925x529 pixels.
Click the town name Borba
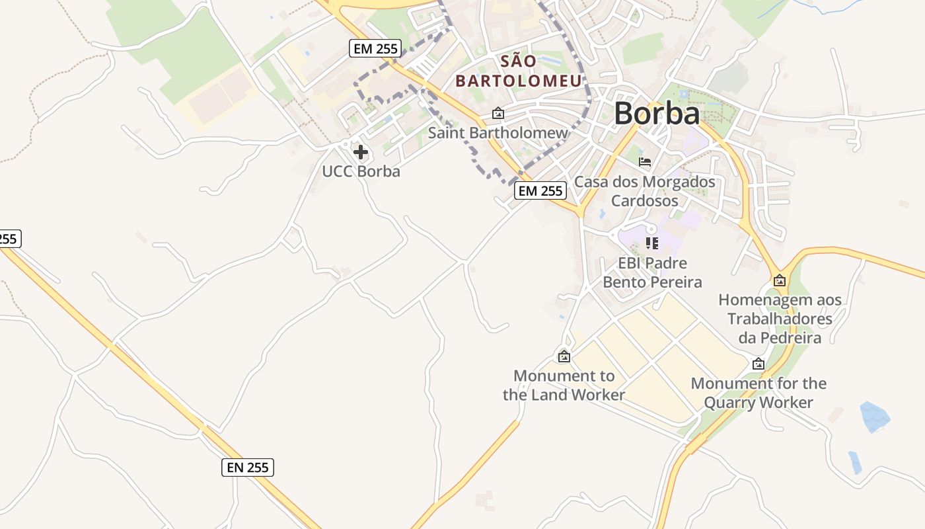coord(657,114)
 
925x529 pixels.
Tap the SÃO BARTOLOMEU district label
coord(519,71)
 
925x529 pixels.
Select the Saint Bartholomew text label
coord(498,132)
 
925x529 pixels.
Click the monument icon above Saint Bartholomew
coord(498,114)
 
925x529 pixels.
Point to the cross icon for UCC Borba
coord(361,153)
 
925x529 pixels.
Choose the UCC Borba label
coord(361,171)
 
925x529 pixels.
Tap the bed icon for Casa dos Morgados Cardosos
coord(645,161)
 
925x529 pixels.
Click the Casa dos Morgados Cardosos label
coord(645,190)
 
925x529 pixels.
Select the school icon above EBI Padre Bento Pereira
coord(652,243)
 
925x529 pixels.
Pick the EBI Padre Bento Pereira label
coord(652,272)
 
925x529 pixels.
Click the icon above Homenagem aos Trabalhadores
coord(780,280)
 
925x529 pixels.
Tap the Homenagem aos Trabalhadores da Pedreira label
coord(780,319)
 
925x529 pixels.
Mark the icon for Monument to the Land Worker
coord(564,356)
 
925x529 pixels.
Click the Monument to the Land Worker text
coord(564,386)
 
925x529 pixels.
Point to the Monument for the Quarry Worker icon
coord(758,364)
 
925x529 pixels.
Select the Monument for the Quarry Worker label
coord(758,393)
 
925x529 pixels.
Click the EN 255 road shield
coord(247,468)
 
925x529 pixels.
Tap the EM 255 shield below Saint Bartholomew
coord(540,191)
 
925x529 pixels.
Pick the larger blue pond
coord(875,417)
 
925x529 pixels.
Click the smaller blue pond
coord(855,462)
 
